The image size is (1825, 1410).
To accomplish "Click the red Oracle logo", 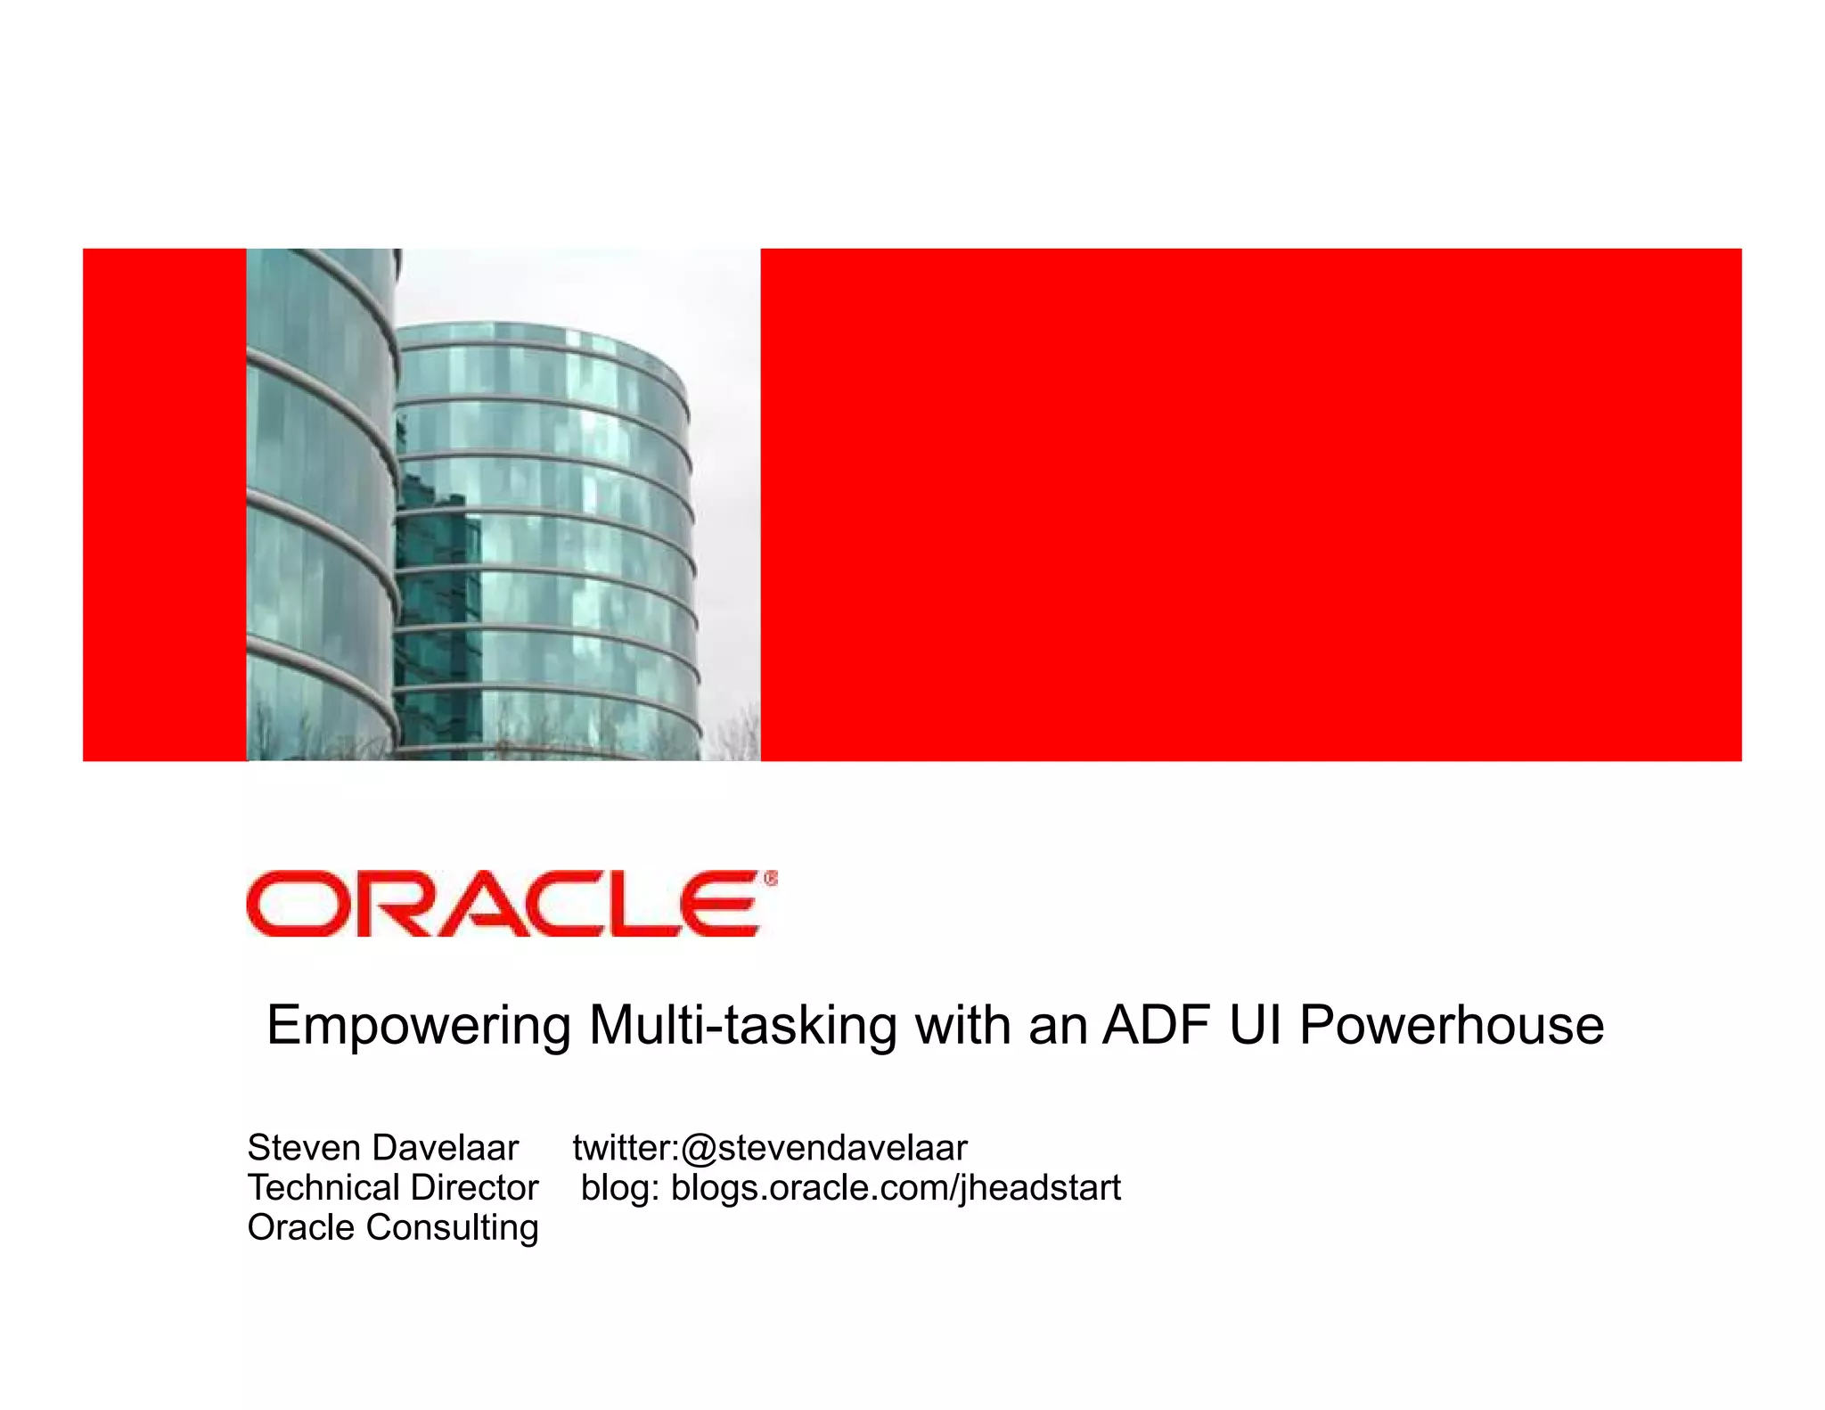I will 503,904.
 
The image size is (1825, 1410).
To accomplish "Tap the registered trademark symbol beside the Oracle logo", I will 771,879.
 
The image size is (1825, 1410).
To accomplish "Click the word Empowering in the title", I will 419,1025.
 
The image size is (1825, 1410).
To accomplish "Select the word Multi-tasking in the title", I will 742,1025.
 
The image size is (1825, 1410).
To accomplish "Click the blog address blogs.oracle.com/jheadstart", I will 896,1188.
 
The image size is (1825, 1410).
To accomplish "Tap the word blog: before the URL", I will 620,1188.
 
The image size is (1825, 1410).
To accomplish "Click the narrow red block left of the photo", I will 164,504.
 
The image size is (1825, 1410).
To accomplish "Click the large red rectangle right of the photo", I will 1250,504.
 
